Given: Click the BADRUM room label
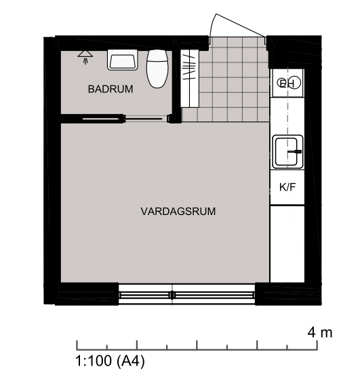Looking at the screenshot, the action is [x=111, y=89].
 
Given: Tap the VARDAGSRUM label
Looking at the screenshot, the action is [x=178, y=212].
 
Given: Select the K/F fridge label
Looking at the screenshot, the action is [x=287, y=187].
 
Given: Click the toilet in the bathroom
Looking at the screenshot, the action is [x=157, y=69].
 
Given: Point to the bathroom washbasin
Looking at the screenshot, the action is [x=122, y=60].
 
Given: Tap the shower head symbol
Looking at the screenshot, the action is [x=85, y=58].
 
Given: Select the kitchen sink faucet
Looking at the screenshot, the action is [x=295, y=151].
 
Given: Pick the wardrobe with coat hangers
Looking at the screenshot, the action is [x=189, y=79].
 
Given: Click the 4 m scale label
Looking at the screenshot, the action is [x=320, y=332].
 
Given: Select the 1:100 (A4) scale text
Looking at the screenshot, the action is [x=110, y=361].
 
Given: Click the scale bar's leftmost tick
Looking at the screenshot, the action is [x=77, y=345].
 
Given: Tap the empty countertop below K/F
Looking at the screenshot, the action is [x=287, y=243].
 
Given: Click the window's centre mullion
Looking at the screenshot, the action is [x=172, y=295].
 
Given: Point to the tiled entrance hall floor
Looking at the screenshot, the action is [x=234, y=79].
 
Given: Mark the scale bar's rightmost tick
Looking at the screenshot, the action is [x=317, y=345].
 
